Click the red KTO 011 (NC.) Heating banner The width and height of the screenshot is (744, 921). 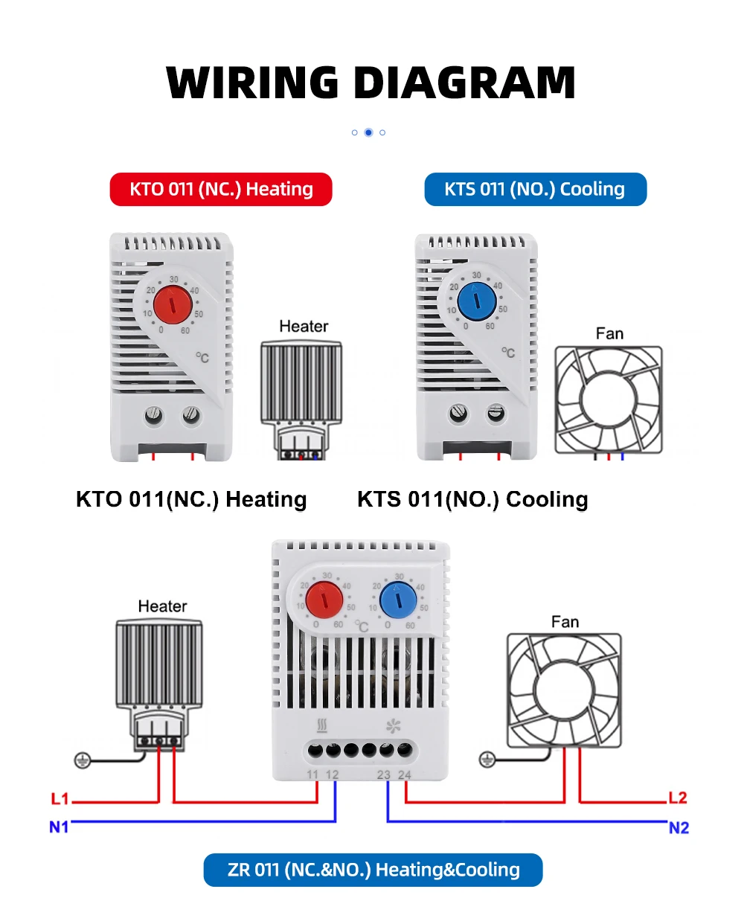pos(221,189)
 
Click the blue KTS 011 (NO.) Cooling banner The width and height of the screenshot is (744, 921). pos(535,189)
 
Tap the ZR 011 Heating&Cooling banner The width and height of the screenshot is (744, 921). pos(373,870)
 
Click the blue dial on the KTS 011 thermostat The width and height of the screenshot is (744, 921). pos(476,301)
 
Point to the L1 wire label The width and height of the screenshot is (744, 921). pos(60,799)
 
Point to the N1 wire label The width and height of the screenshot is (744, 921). pos(59,827)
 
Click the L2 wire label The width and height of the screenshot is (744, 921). pos(678,798)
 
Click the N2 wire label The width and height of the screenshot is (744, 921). pos(679,828)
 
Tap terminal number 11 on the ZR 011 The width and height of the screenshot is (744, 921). pos(312,774)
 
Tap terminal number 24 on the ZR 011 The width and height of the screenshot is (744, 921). pos(404,774)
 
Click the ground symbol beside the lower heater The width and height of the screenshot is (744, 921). pos(83,760)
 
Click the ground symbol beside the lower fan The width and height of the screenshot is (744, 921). pos(487,759)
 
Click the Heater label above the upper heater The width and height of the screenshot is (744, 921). pos(304,326)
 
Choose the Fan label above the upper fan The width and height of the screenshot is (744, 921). pos(609,333)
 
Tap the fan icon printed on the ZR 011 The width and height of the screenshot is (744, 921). pos(393,725)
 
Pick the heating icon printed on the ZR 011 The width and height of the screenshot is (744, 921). pos(322,725)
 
